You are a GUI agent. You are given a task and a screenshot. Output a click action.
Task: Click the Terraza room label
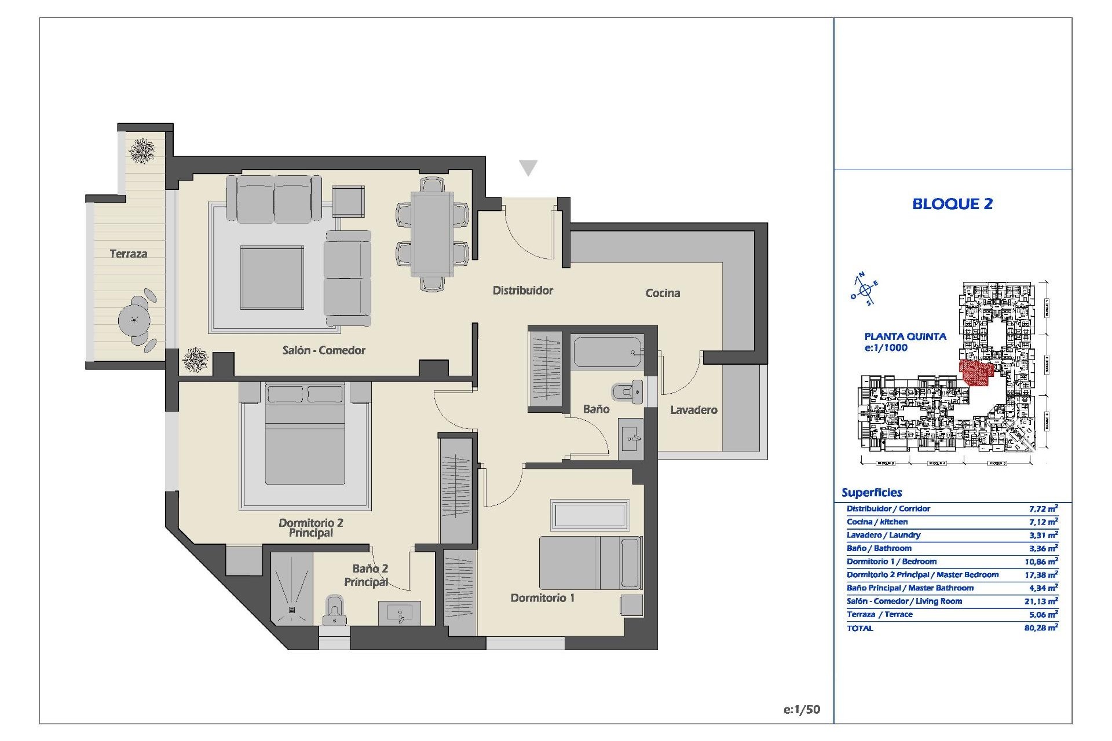pyautogui.click(x=128, y=254)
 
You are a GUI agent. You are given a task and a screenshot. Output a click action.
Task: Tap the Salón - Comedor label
pyautogui.click(x=324, y=350)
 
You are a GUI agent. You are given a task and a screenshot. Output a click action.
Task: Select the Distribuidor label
pyautogui.click(x=522, y=291)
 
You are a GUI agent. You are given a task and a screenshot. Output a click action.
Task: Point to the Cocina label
pyautogui.click(x=663, y=293)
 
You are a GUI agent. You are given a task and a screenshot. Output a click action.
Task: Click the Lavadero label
pyautogui.click(x=693, y=410)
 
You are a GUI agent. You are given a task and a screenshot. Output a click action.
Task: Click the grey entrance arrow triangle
pyautogui.click(x=528, y=167)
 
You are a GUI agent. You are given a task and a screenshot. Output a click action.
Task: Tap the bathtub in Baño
pyautogui.click(x=608, y=351)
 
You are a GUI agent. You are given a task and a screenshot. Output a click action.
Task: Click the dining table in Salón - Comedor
pyautogui.click(x=432, y=234)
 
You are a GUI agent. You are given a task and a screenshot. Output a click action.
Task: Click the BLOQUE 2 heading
pyautogui.click(x=952, y=204)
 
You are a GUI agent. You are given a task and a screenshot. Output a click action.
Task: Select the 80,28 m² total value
pyautogui.click(x=1040, y=628)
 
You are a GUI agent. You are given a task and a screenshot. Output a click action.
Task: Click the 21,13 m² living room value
pyautogui.click(x=1040, y=601)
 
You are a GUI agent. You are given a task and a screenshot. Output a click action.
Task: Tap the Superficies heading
pyautogui.click(x=872, y=493)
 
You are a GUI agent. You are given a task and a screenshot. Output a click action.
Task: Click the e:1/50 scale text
pyautogui.click(x=802, y=709)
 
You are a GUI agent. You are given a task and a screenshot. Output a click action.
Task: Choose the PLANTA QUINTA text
pyautogui.click(x=905, y=336)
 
